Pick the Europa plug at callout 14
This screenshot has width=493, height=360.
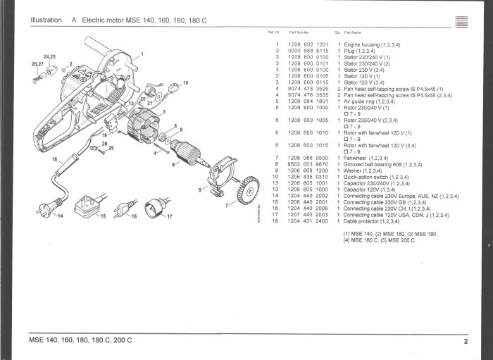coord(50,209)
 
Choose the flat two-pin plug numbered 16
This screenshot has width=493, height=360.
coord(123,209)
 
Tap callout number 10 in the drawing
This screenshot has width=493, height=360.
coord(186,83)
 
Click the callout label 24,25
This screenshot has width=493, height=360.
coord(49,56)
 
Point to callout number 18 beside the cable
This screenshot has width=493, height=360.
coord(54,161)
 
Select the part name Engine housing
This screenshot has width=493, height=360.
coord(363,44)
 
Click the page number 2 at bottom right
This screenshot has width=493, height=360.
coord(466,342)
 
